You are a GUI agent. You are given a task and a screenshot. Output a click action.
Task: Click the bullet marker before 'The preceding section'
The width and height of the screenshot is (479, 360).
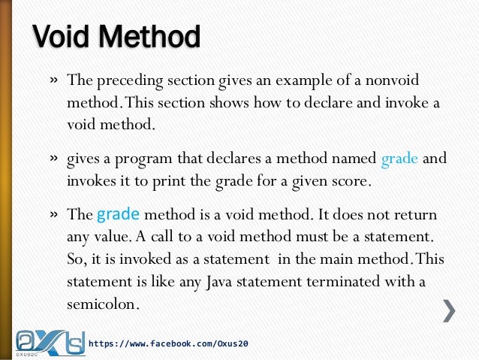point(55,80)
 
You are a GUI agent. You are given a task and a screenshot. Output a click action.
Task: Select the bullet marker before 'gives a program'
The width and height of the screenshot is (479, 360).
point(55,160)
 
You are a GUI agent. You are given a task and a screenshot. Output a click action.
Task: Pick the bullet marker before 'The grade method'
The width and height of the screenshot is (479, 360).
point(55,214)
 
